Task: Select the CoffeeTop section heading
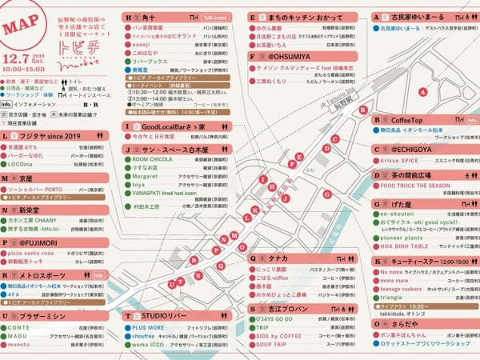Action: coord(406,120)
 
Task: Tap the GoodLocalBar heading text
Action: coord(164,126)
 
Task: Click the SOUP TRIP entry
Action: coord(274,345)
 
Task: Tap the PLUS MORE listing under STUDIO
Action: coord(148,328)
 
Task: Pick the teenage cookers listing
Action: coord(404,288)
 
